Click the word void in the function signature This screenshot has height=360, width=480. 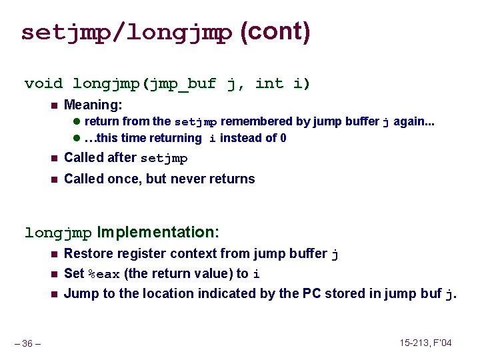point(43,84)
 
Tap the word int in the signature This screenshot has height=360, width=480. point(269,84)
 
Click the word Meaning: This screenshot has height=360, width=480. point(93,105)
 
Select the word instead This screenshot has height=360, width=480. point(240,138)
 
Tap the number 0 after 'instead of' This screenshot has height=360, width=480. point(283,138)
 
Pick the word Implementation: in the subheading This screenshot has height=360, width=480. point(157,233)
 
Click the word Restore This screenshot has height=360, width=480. point(87,253)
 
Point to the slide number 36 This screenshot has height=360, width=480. point(27,343)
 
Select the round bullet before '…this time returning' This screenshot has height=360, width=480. point(76,138)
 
